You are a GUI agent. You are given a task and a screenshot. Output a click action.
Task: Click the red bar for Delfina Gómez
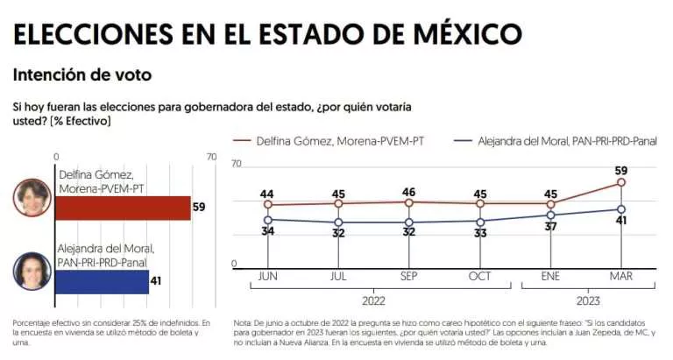click(123, 208)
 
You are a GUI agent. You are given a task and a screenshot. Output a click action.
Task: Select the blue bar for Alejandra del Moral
click(102, 281)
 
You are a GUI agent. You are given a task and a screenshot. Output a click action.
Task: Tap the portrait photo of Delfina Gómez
click(32, 197)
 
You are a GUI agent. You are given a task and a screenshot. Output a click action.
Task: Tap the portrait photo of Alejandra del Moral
click(32, 271)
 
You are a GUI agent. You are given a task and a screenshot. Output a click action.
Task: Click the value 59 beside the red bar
click(200, 208)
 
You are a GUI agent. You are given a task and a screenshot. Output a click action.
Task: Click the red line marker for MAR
click(621, 182)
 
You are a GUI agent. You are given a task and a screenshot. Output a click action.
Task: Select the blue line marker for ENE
click(551, 215)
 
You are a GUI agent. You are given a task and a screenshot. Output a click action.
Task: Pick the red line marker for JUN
click(268, 204)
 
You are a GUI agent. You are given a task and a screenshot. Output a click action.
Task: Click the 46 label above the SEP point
click(409, 191)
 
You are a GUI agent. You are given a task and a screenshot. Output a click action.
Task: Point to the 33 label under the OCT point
click(480, 234)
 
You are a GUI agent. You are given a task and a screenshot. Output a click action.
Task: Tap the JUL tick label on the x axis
click(338, 277)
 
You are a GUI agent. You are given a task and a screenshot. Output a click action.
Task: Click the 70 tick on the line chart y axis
click(236, 164)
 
